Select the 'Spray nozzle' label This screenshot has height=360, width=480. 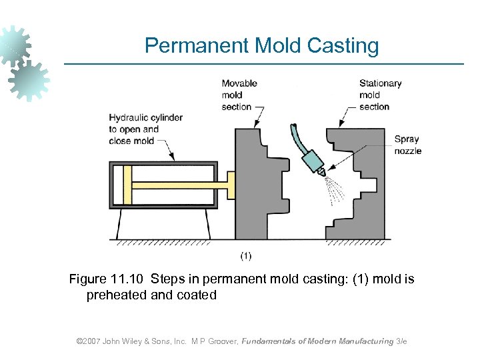pos(407,145)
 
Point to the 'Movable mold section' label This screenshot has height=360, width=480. pos(239,95)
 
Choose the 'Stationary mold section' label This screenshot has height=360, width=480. pos(380,95)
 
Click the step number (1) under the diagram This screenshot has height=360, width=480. pos(245,255)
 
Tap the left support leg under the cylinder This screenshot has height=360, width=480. pos(118,226)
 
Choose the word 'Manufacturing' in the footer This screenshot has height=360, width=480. pos(366,341)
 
